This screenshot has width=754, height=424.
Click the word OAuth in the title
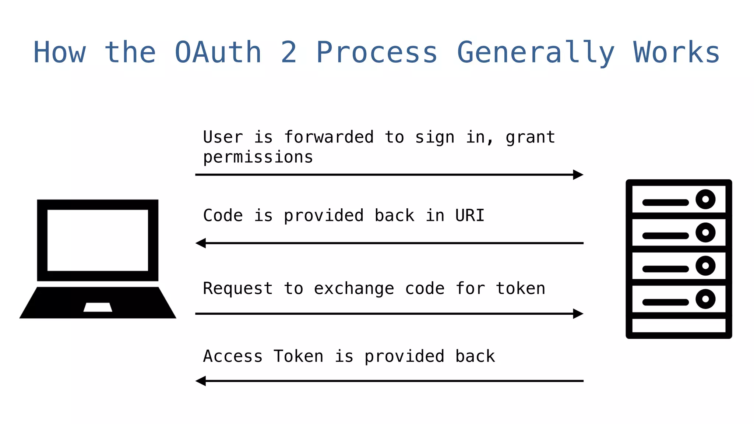tap(218, 53)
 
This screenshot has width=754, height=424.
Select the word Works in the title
tap(676, 53)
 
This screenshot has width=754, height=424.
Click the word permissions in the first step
tap(258, 158)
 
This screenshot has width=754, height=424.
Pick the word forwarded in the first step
tap(329, 137)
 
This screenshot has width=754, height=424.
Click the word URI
tap(469, 215)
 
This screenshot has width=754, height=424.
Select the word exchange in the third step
tap(354, 289)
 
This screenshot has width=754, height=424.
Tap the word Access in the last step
tap(233, 356)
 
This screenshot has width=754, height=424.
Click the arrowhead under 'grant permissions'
tap(578, 175)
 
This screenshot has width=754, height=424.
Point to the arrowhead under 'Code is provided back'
tap(201, 243)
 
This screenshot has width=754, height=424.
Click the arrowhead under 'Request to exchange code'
tap(578, 314)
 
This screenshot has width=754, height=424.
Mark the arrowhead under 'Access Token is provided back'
tap(201, 381)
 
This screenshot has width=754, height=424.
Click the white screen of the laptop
tap(98, 240)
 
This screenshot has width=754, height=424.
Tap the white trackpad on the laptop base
tap(98, 307)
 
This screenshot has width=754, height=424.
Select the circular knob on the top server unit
tap(705, 199)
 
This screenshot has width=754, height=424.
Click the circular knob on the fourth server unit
tap(705, 299)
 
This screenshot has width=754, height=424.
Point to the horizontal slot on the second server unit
tap(665, 236)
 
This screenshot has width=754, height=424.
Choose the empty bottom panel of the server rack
tap(679, 326)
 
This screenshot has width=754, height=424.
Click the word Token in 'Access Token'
tap(298, 356)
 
